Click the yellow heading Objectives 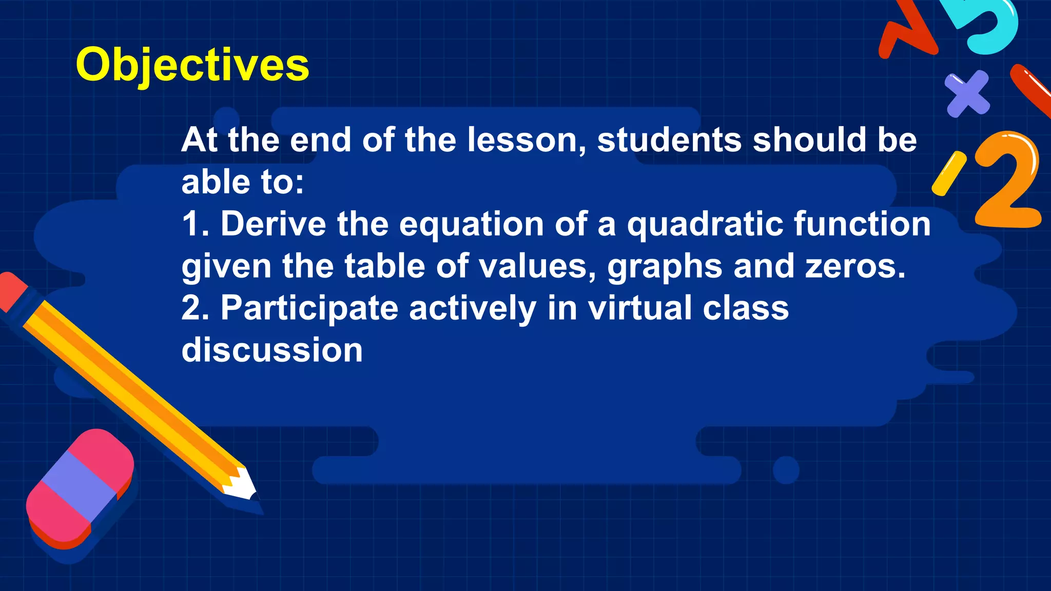click(192, 65)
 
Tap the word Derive click(273, 224)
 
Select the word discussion click(272, 350)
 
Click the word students click(669, 140)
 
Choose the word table click(384, 266)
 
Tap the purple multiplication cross click(967, 93)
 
